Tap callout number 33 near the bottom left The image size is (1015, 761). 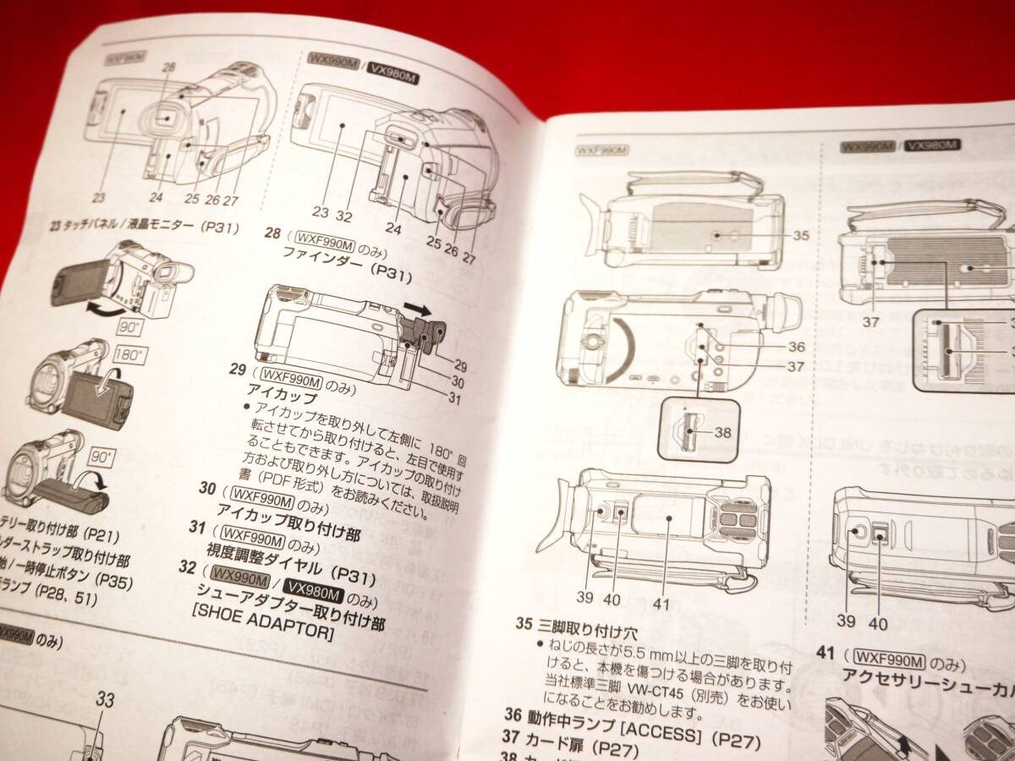pyautogui.click(x=105, y=699)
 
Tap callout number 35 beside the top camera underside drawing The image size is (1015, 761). pyautogui.click(x=799, y=235)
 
